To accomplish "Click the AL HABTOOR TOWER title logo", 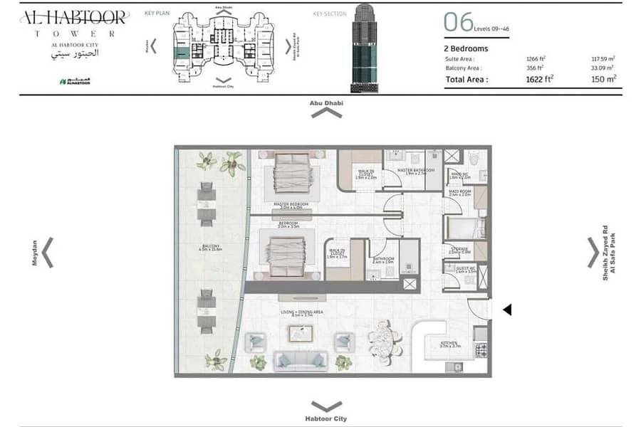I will click(73, 23).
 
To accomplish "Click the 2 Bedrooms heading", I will click(466, 48).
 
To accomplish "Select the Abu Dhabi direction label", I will click(326, 103).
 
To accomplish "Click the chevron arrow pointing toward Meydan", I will click(48, 253).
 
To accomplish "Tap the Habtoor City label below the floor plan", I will click(326, 418).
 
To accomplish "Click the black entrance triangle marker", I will click(507, 310).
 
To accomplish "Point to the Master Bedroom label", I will click(291, 205).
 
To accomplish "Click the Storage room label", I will click(459, 249).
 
